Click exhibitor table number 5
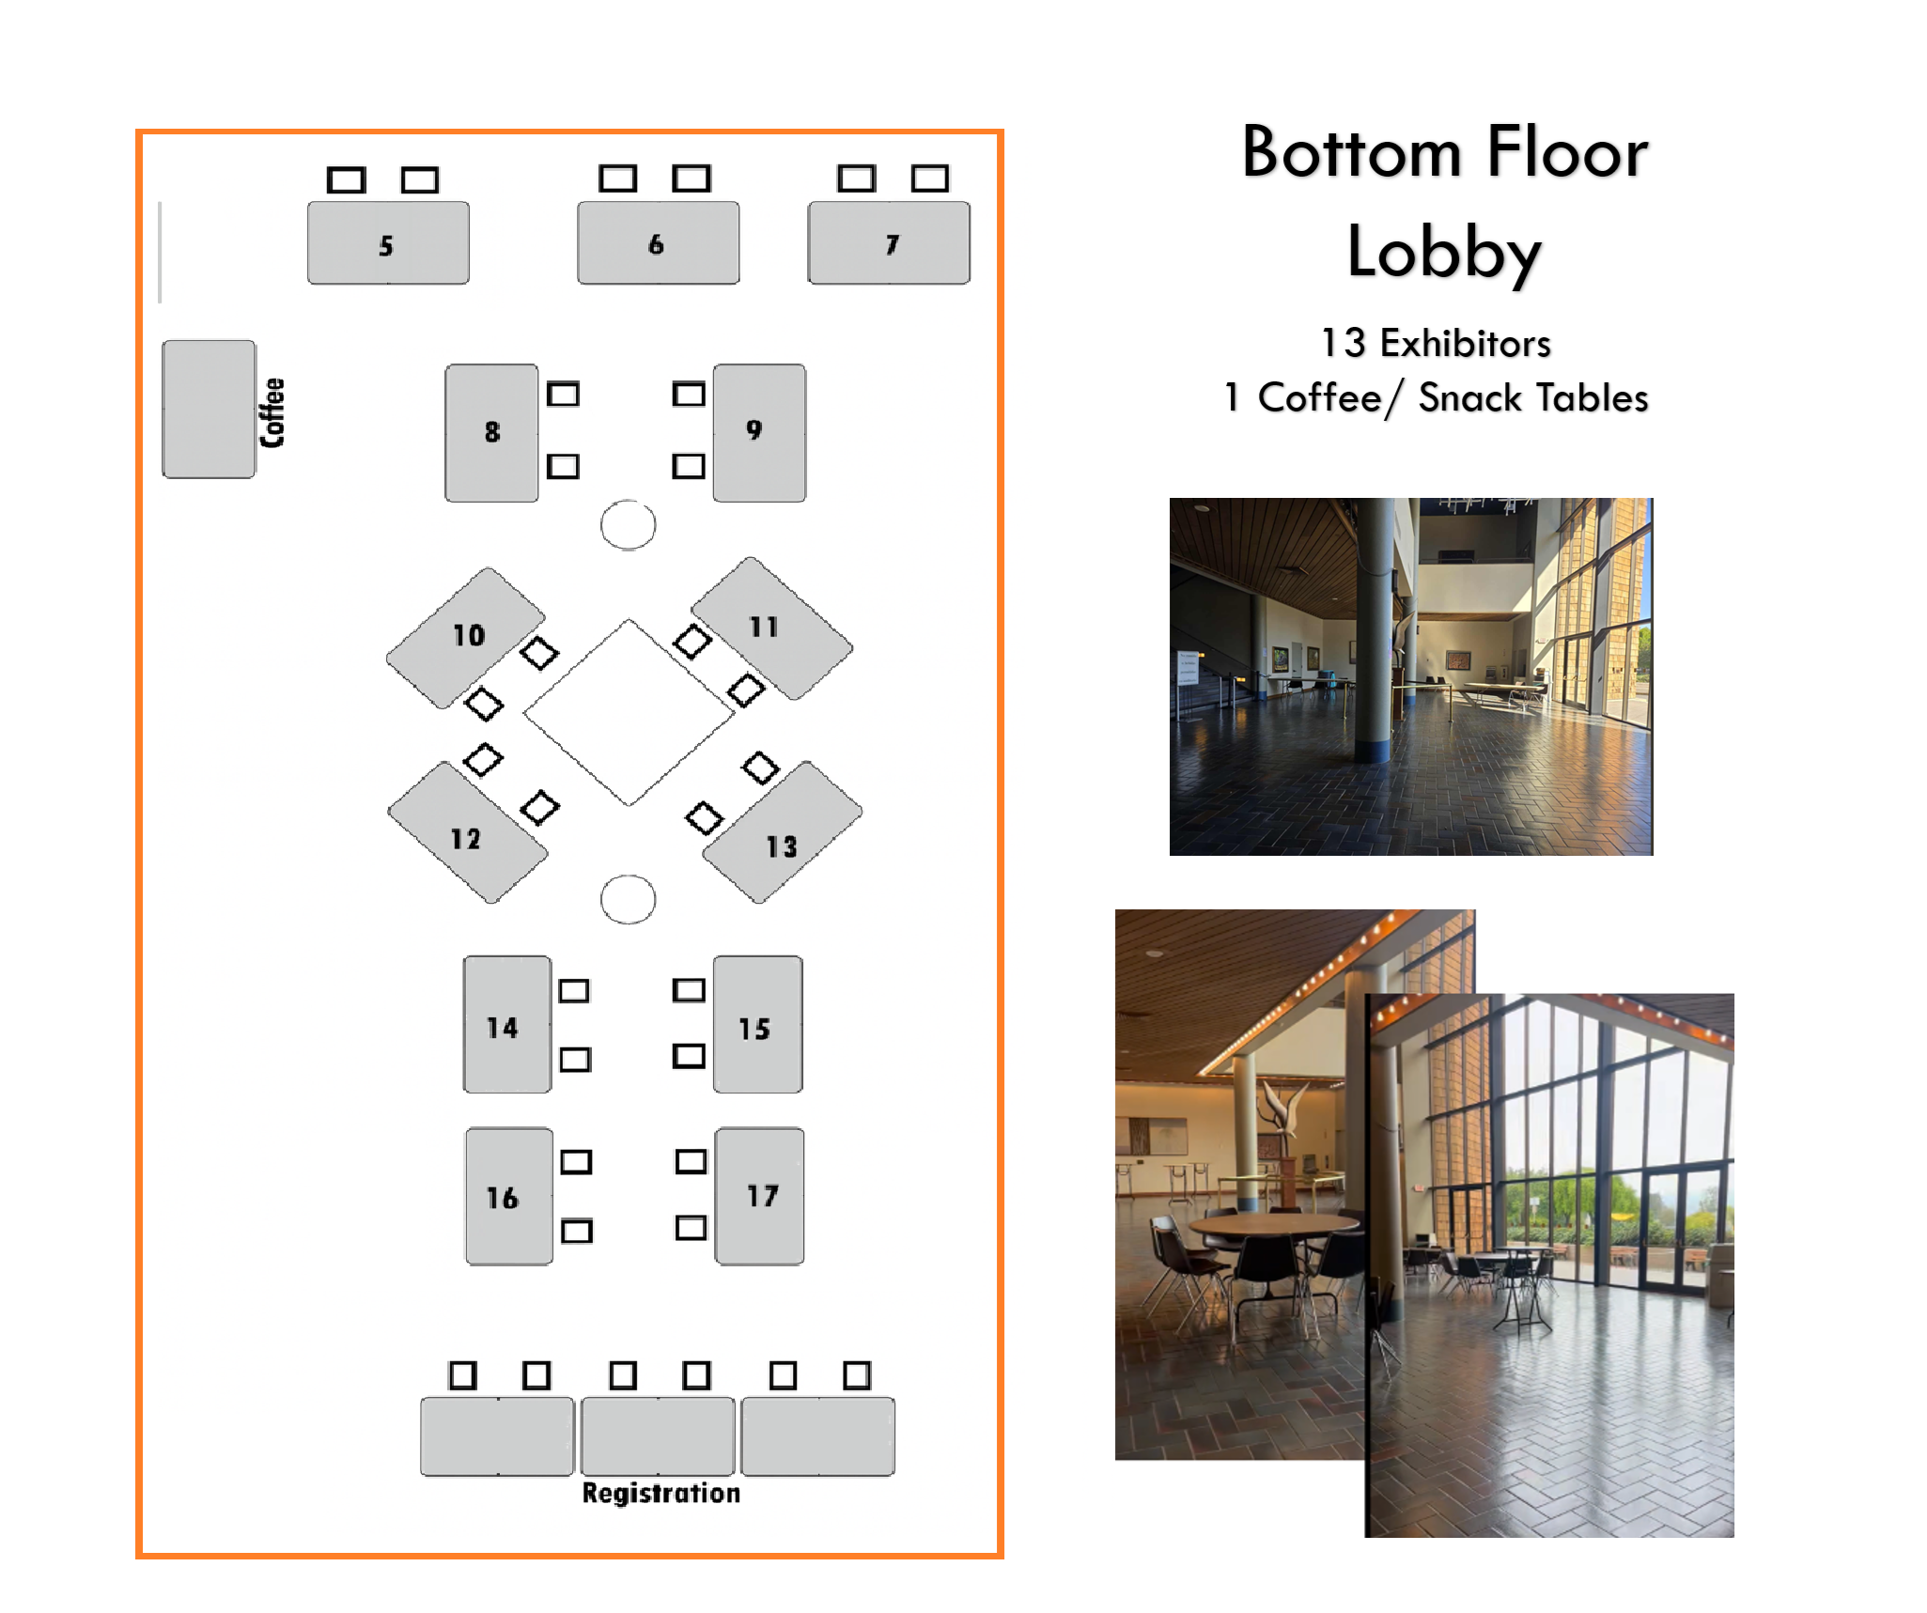388,243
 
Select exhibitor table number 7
889,243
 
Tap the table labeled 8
491,433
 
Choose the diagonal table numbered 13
782,832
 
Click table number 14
507,1025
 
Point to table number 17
759,1196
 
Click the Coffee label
272,412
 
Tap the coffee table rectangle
209,410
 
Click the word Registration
660,1493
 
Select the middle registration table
658,1435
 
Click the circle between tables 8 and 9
628,524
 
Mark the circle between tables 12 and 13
628,899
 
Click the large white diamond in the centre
629,712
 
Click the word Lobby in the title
1444,252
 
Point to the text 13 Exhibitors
1435,344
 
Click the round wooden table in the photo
1272,1225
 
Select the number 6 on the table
656,244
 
